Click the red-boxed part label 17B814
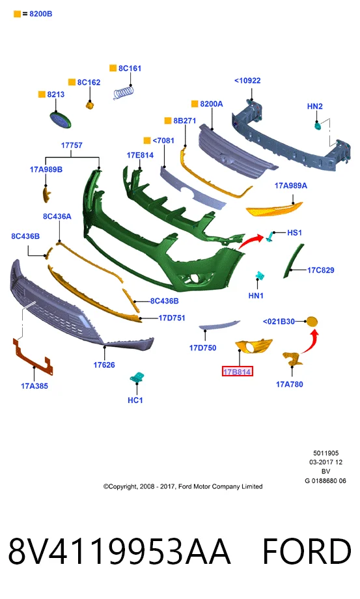(237, 371)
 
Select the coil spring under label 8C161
(124, 92)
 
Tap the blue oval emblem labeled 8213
(60, 120)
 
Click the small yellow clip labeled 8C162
(90, 104)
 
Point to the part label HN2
(315, 106)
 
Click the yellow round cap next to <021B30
(312, 322)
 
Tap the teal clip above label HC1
(136, 377)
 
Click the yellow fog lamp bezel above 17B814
(253, 346)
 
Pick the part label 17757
(72, 145)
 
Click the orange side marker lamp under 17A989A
(274, 209)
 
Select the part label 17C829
(321, 270)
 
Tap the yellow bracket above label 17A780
(292, 359)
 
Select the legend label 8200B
(41, 14)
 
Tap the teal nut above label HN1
(260, 276)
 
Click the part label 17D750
(202, 348)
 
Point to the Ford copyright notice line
(183, 486)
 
